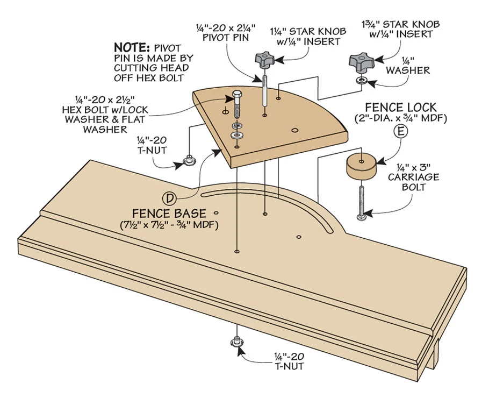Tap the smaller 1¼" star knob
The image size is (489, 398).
click(x=264, y=60)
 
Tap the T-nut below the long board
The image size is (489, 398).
click(x=236, y=342)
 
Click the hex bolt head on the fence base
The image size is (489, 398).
click(x=237, y=98)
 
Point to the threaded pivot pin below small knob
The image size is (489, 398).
click(x=265, y=89)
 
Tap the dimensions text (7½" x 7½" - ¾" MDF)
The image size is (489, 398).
click(x=169, y=225)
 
